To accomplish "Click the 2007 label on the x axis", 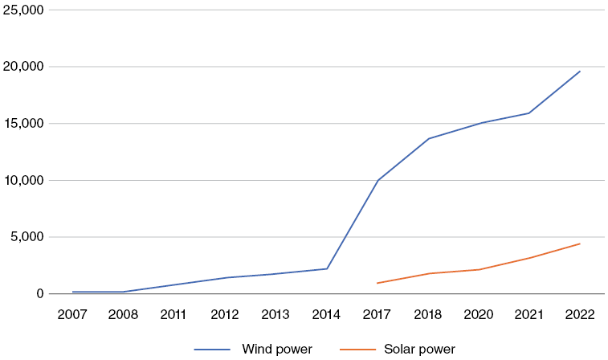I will (x=72, y=314).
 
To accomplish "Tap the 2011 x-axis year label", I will (x=173, y=314).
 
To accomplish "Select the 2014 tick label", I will (x=326, y=314).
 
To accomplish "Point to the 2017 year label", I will (x=377, y=314).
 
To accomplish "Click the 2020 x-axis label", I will (x=479, y=314).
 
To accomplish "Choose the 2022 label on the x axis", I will (x=580, y=314).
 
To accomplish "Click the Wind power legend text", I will (x=277, y=350).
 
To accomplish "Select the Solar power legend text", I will (x=419, y=350).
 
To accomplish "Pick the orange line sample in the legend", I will (x=357, y=350).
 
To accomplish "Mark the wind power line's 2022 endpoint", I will (x=580, y=72).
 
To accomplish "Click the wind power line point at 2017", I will (x=377, y=181).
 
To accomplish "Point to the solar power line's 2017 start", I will (x=377, y=283).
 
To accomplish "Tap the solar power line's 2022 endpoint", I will (x=580, y=243).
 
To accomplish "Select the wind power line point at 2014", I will (x=326, y=268).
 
